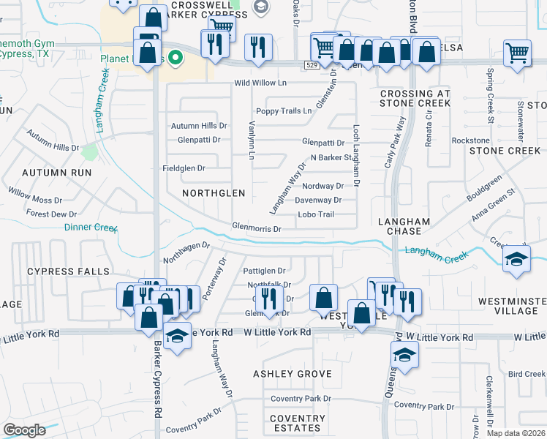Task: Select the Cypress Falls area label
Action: (62, 271)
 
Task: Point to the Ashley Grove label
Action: (293, 374)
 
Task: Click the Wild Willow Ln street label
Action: (260, 83)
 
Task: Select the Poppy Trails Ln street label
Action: (284, 111)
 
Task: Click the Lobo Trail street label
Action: (316, 214)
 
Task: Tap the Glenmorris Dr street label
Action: (256, 229)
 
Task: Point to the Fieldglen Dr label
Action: (183, 168)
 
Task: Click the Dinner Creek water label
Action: (91, 228)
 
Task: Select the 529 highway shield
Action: (312, 65)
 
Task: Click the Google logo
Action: (24, 430)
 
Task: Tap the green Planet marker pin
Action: (176, 56)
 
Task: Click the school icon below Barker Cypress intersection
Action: (176, 337)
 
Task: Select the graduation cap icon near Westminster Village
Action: (516, 259)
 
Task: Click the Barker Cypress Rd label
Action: (158, 388)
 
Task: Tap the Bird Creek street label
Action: (527, 375)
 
